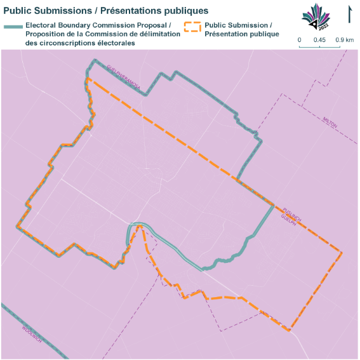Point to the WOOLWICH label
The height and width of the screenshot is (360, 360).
tap(32, 331)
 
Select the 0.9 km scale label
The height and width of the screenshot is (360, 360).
tap(345, 40)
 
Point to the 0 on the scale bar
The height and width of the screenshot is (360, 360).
tap(300, 40)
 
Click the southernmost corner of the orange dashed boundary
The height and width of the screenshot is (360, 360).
tap(290, 330)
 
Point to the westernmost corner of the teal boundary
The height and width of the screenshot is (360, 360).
tap(17, 225)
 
